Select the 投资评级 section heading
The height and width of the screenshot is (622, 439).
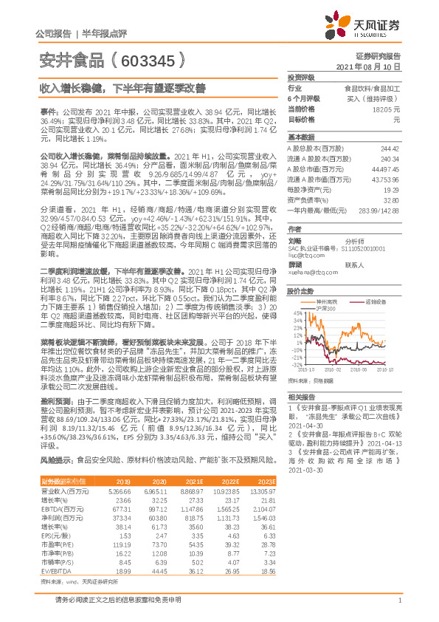[x=301, y=77]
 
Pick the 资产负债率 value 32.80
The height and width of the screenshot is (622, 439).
[x=390, y=199]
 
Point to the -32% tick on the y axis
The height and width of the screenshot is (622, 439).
[x=295, y=364]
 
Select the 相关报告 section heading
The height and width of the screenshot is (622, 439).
[x=301, y=397]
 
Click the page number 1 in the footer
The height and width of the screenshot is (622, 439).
[x=398, y=601]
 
